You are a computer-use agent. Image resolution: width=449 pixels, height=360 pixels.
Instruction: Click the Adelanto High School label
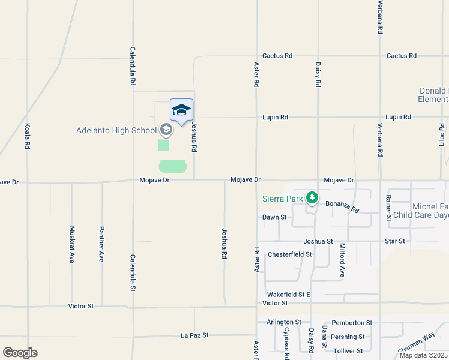tap(116, 130)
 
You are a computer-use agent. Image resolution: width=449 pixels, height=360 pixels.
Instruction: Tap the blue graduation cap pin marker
tap(181, 110)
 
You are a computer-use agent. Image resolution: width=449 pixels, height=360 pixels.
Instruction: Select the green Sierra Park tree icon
tap(312, 197)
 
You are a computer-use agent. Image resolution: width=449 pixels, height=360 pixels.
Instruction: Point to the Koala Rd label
tap(28, 136)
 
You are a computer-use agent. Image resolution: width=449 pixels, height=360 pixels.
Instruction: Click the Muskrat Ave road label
tap(72, 244)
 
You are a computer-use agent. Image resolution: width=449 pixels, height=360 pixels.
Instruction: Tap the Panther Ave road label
tap(102, 244)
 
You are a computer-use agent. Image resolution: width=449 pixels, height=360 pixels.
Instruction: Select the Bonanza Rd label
tap(342, 207)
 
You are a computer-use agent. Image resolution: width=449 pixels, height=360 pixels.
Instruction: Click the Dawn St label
tap(274, 217)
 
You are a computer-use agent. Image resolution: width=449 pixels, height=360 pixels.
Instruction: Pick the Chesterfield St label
tap(290, 254)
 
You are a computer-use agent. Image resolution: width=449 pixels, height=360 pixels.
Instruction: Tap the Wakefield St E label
tap(288, 295)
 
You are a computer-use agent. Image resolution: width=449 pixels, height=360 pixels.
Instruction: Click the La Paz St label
tap(194, 335)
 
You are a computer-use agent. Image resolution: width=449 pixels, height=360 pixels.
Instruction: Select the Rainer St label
tap(389, 208)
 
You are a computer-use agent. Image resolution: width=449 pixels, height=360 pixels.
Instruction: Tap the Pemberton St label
tap(352, 323)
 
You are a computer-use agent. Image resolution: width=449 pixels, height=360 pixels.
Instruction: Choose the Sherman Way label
tap(416, 343)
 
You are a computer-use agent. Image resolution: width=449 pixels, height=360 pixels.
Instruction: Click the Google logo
tap(20, 353)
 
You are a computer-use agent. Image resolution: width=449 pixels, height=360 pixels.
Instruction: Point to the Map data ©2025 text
tap(423, 355)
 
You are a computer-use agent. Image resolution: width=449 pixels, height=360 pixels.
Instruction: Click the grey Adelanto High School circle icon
tap(166, 130)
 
